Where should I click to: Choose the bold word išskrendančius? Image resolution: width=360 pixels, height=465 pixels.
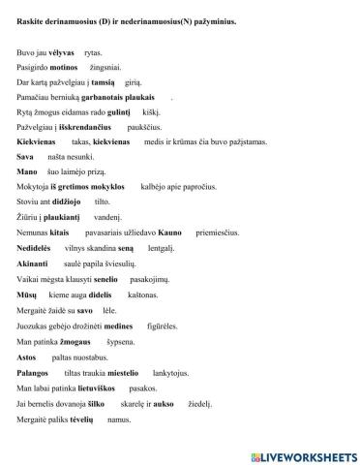point(92,127)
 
